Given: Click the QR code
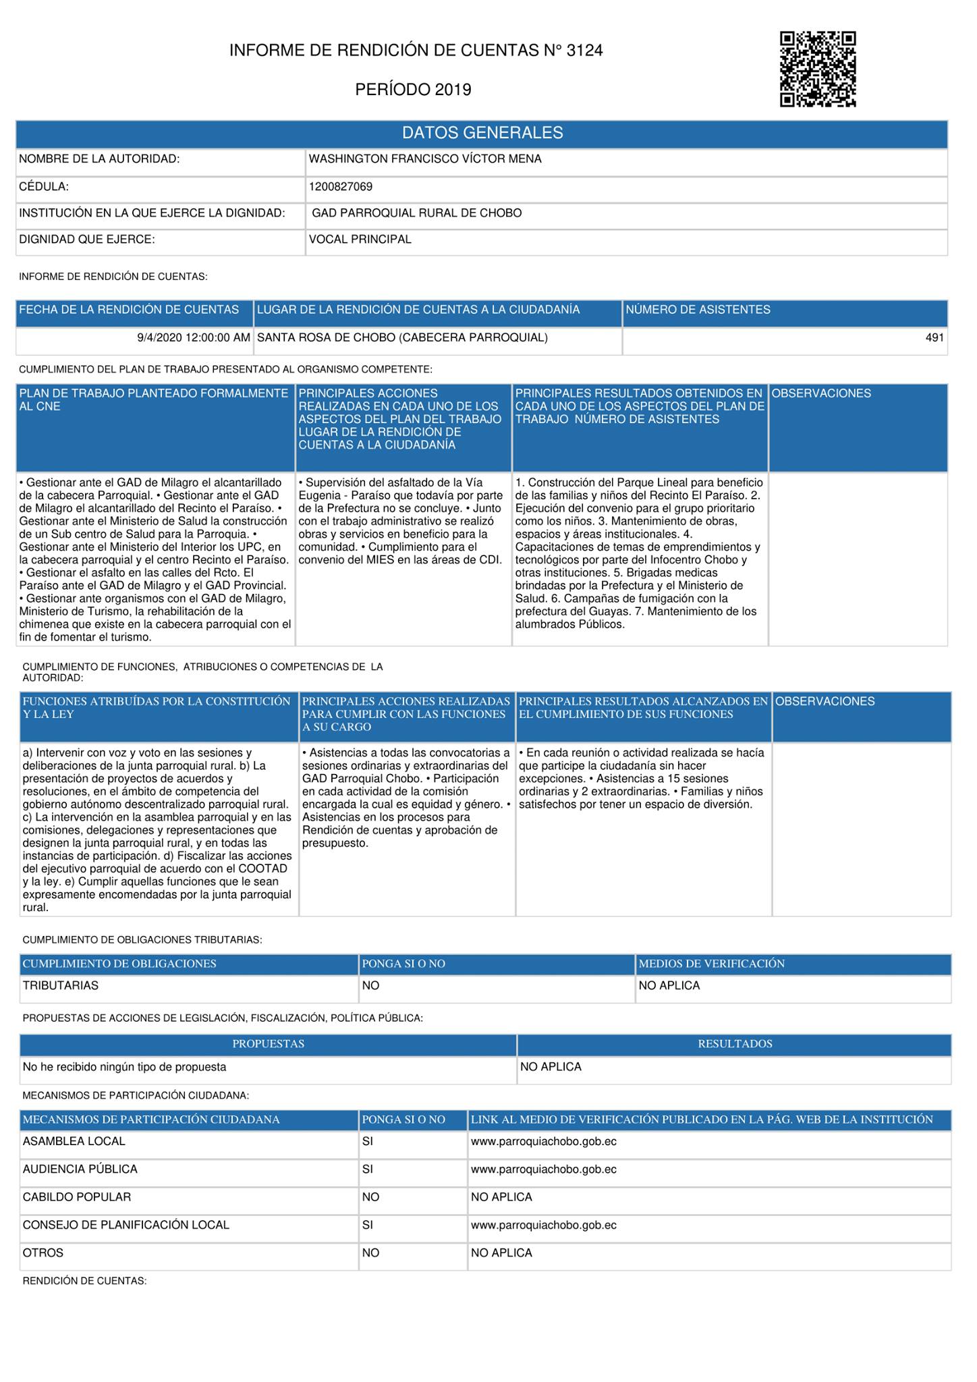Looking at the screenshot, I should [x=818, y=69].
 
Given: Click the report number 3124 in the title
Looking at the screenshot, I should [x=584, y=50].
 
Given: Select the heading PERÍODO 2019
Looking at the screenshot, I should [x=413, y=90].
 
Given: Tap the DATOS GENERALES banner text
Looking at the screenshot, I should [x=482, y=133].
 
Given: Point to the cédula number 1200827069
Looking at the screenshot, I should [x=340, y=186].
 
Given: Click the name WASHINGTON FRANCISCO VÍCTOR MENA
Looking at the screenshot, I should [x=424, y=159].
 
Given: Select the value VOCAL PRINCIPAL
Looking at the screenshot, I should [x=360, y=240].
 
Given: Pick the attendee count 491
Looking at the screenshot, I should [x=934, y=337].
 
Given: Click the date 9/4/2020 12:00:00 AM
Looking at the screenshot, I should [x=194, y=337].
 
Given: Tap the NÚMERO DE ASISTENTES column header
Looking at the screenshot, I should [x=698, y=310].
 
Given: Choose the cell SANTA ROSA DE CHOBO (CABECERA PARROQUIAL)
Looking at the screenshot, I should [x=402, y=337].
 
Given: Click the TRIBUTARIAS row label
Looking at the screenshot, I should [x=61, y=985].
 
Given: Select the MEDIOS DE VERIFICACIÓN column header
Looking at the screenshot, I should [x=711, y=964].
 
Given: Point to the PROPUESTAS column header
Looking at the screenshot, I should [x=268, y=1044].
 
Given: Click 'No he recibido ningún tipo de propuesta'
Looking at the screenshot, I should [x=124, y=1067].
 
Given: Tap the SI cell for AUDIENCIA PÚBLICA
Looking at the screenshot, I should [x=368, y=1169].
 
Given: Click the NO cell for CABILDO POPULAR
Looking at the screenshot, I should [x=370, y=1196].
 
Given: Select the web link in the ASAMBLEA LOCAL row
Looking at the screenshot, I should [x=543, y=1141].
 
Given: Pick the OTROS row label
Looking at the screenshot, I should [x=43, y=1252].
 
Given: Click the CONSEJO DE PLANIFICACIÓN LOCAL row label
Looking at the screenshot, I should [x=125, y=1225].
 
